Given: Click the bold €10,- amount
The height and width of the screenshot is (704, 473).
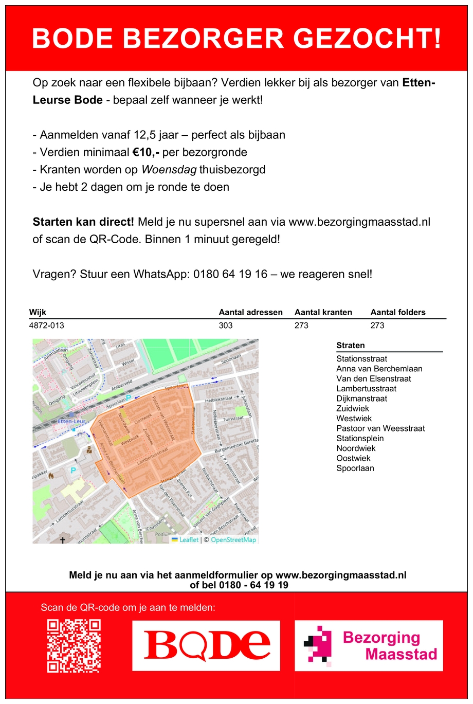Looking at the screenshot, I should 145,152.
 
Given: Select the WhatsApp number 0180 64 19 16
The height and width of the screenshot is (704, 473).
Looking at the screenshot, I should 230,274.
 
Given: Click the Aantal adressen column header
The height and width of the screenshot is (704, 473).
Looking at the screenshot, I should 250,312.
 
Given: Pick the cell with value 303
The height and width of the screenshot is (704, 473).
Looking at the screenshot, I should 226,326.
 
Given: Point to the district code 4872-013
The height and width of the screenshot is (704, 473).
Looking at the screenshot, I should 47,326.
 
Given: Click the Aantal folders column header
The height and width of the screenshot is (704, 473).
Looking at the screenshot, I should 398,312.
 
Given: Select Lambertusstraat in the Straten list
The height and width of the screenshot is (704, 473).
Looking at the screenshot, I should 366,389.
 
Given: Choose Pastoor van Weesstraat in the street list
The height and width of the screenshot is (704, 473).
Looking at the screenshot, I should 380,428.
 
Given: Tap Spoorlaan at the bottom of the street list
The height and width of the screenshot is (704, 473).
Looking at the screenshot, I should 355,468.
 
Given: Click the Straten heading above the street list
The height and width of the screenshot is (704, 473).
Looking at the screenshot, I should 351,346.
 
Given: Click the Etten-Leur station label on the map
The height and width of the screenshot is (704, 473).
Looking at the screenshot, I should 71,421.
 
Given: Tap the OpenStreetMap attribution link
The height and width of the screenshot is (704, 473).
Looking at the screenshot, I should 233,540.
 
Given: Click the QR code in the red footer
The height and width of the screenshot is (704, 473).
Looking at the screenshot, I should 74,646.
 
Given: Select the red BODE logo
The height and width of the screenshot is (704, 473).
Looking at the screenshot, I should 206,645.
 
